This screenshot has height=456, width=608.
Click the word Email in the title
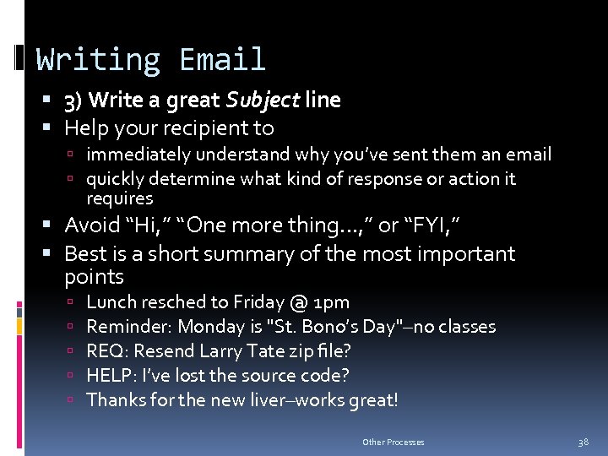pyautogui.click(x=223, y=60)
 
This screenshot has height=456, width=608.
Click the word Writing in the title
pyautogui.click(x=99, y=60)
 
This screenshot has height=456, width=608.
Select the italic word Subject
pyautogui.click(x=263, y=100)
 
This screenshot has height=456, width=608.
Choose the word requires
pyautogui.click(x=120, y=198)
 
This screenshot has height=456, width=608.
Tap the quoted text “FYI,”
pyautogui.click(x=432, y=225)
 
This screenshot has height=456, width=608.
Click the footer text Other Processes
pyautogui.click(x=394, y=442)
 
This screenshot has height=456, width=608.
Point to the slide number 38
pyautogui.click(x=583, y=442)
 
